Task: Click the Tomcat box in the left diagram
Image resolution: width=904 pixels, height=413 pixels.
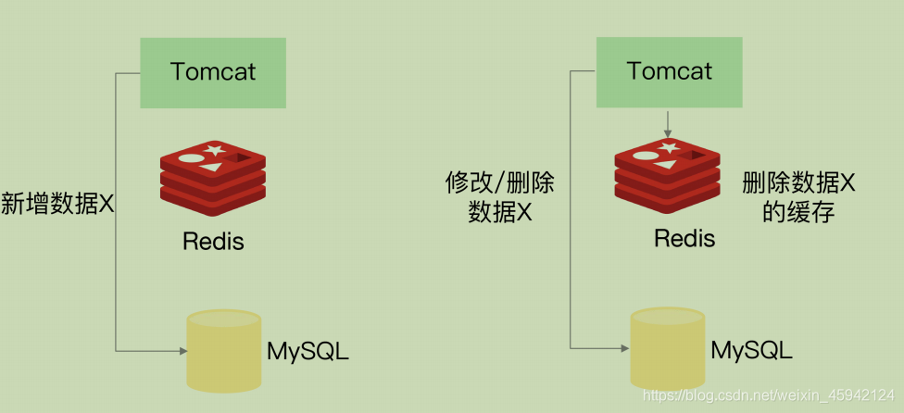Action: pyautogui.click(x=213, y=72)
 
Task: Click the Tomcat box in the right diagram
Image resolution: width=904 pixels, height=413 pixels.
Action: pyautogui.click(x=670, y=71)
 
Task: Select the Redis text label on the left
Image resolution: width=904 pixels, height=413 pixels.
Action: pyautogui.click(x=213, y=242)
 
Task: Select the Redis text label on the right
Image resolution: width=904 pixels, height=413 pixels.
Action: pyautogui.click(x=684, y=238)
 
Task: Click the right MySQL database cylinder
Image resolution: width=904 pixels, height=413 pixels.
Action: pyautogui.click(x=667, y=346)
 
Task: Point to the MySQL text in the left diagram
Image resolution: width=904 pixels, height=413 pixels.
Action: pyautogui.click(x=308, y=352)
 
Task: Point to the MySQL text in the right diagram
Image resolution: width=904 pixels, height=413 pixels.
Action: pyautogui.click(x=751, y=350)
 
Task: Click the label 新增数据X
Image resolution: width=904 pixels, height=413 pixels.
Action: pyautogui.click(x=57, y=204)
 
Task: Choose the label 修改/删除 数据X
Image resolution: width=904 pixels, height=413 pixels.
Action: pyautogui.click(x=500, y=197)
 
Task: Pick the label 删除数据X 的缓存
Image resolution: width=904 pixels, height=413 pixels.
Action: pyautogui.click(x=798, y=197)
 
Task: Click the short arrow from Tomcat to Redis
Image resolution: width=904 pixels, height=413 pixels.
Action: pyautogui.click(x=668, y=122)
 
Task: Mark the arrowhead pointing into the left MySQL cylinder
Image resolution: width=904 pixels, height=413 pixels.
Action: pyautogui.click(x=181, y=350)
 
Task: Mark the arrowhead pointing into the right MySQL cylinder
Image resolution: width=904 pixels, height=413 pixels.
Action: pyautogui.click(x=624, y=348)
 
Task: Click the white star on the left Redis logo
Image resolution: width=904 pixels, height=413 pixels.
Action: pyautogui.click(x=214, y=149)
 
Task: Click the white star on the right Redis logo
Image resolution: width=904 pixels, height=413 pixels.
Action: pyautogui.click(x=670, y=146)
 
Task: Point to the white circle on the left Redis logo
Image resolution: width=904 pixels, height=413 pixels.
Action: pyautogui.click(x=189, y=158)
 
